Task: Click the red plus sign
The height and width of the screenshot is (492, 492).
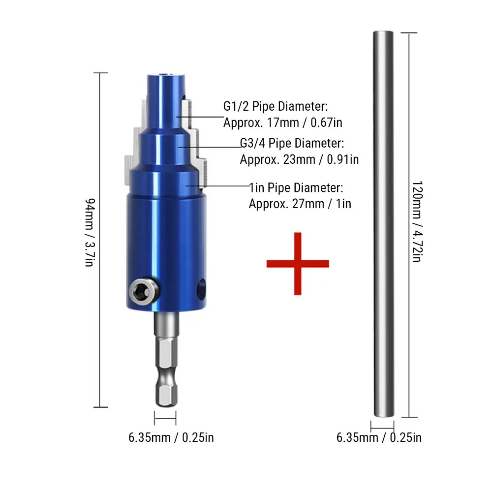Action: coord(298,264)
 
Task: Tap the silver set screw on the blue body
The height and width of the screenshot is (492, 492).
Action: coord(144,291)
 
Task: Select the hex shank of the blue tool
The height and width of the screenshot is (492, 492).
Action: coord(166,359)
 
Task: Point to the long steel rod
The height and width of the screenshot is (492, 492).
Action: coord(383,224)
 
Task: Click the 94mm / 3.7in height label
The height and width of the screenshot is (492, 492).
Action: coord(90,233)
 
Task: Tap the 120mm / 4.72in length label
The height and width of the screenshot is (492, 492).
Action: coord(417,221)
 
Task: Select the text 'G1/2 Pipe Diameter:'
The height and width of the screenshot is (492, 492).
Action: coord(275,106)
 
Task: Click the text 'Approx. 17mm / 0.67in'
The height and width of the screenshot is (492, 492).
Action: coord(282,123)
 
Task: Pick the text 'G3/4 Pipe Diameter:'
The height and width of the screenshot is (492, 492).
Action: coord(292,143)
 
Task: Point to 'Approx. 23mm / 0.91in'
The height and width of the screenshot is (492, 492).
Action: coord(299,160)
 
